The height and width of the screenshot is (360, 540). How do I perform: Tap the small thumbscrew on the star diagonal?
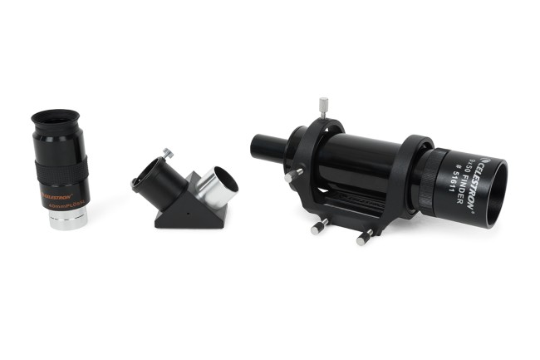pyautogui.click(x=168, y=154)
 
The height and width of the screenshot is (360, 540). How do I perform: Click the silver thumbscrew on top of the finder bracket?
pyautogui.click(x=322, y=106)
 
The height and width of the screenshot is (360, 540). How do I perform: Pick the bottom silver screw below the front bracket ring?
pyautogui.click(x=363, y=239)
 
